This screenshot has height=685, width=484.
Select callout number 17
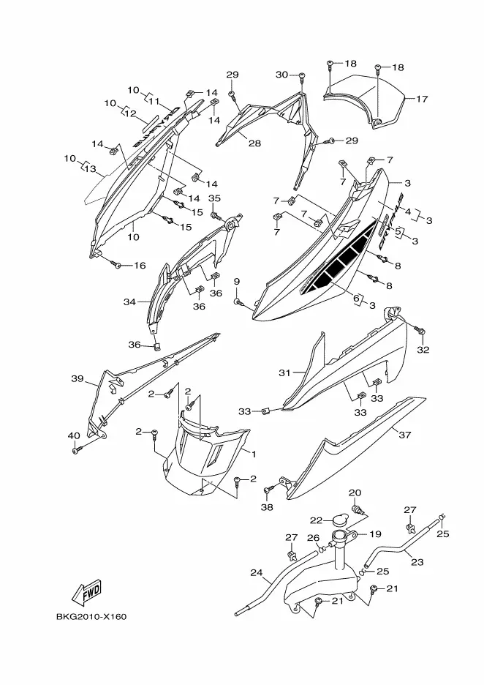[422, 98]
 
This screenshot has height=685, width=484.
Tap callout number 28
[254, 143]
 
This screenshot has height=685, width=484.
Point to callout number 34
[129, 302]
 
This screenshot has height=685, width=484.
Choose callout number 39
[77, 378]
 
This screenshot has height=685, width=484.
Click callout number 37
[404, 435]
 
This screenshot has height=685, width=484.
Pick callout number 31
[284, 373]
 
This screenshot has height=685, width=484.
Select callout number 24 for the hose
[256, 572]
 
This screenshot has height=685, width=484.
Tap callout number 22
[315, 520]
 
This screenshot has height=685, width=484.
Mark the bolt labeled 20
[358, 509]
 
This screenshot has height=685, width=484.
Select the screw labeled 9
[237, 302]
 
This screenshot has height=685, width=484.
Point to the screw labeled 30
[300, 75]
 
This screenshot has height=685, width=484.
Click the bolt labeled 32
[423, 333]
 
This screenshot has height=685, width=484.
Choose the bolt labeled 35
[214, 215]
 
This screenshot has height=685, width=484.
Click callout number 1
[254, 454]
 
